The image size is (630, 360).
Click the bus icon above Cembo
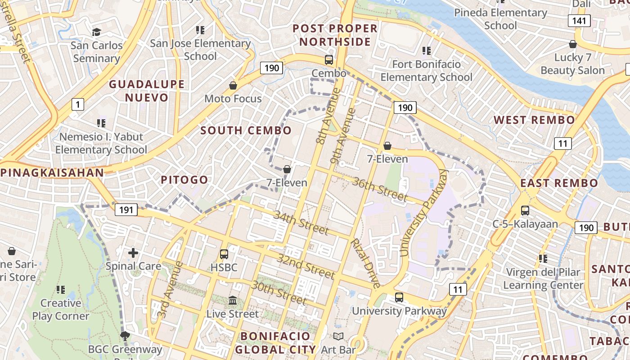[x=329, y=60]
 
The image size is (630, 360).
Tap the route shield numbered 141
[x=579, y=20]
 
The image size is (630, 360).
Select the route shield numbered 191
[x=126, y=209]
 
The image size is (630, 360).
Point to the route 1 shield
[x=78, y=105]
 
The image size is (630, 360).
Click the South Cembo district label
[x=246, y=130]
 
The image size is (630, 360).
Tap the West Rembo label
[x=534, y=120]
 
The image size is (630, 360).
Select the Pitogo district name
[x=184, y=180]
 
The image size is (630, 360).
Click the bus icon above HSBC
[x=224, y=254]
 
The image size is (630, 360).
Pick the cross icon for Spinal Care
[x=133, y=253]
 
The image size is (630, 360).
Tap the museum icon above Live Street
[x=233, y=300]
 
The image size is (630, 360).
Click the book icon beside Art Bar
[x=338, y=336]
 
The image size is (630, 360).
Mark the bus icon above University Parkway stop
[x=399, y=297]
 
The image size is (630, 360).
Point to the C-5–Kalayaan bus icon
[x=525, y=210]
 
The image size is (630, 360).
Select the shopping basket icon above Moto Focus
[x=233, y=85]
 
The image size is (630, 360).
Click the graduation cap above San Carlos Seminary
[x=96, y=32]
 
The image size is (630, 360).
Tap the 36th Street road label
[x=380, y=189]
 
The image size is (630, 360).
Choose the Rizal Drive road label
[x=366, y=263]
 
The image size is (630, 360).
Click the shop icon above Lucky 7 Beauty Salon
[x=573, y=44]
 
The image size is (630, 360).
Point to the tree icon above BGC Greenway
[x=125, y=336]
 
